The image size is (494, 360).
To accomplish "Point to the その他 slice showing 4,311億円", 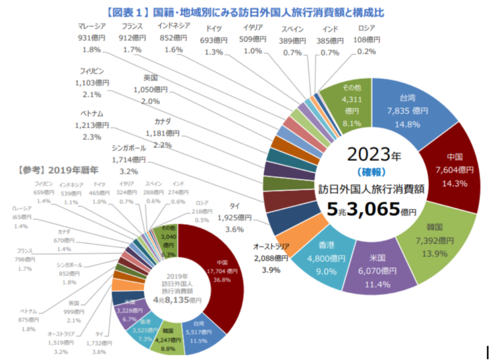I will [x=350, y=106].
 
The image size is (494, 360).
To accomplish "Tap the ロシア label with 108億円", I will [x=367, y=39].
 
